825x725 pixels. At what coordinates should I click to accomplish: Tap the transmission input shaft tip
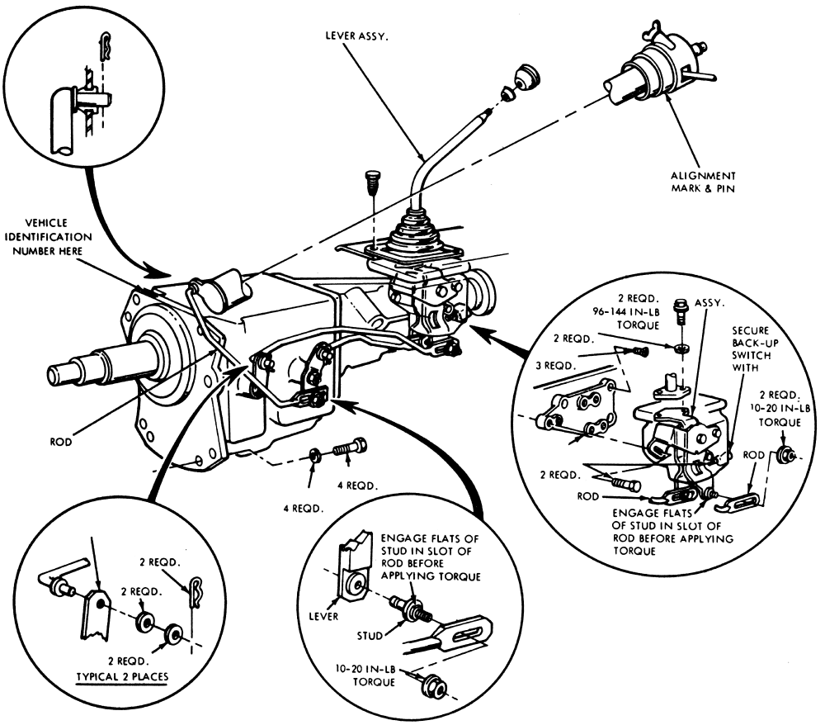coord(58,373)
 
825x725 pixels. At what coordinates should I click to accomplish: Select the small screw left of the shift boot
coord(371,179)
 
